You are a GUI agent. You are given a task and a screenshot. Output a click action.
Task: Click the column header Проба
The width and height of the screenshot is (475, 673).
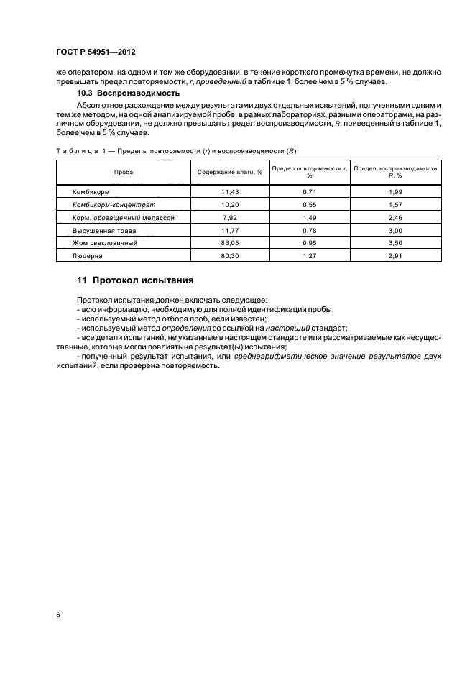click(124, 173)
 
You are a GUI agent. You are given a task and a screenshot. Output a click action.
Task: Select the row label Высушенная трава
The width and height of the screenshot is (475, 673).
click(104, 229)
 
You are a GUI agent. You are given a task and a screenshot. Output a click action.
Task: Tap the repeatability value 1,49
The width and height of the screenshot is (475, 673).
click(310, 216)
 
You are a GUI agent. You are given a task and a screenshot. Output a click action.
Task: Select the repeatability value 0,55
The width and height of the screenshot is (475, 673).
click(310, 204)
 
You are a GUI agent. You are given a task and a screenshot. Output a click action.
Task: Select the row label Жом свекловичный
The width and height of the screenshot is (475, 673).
click(105, 242)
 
